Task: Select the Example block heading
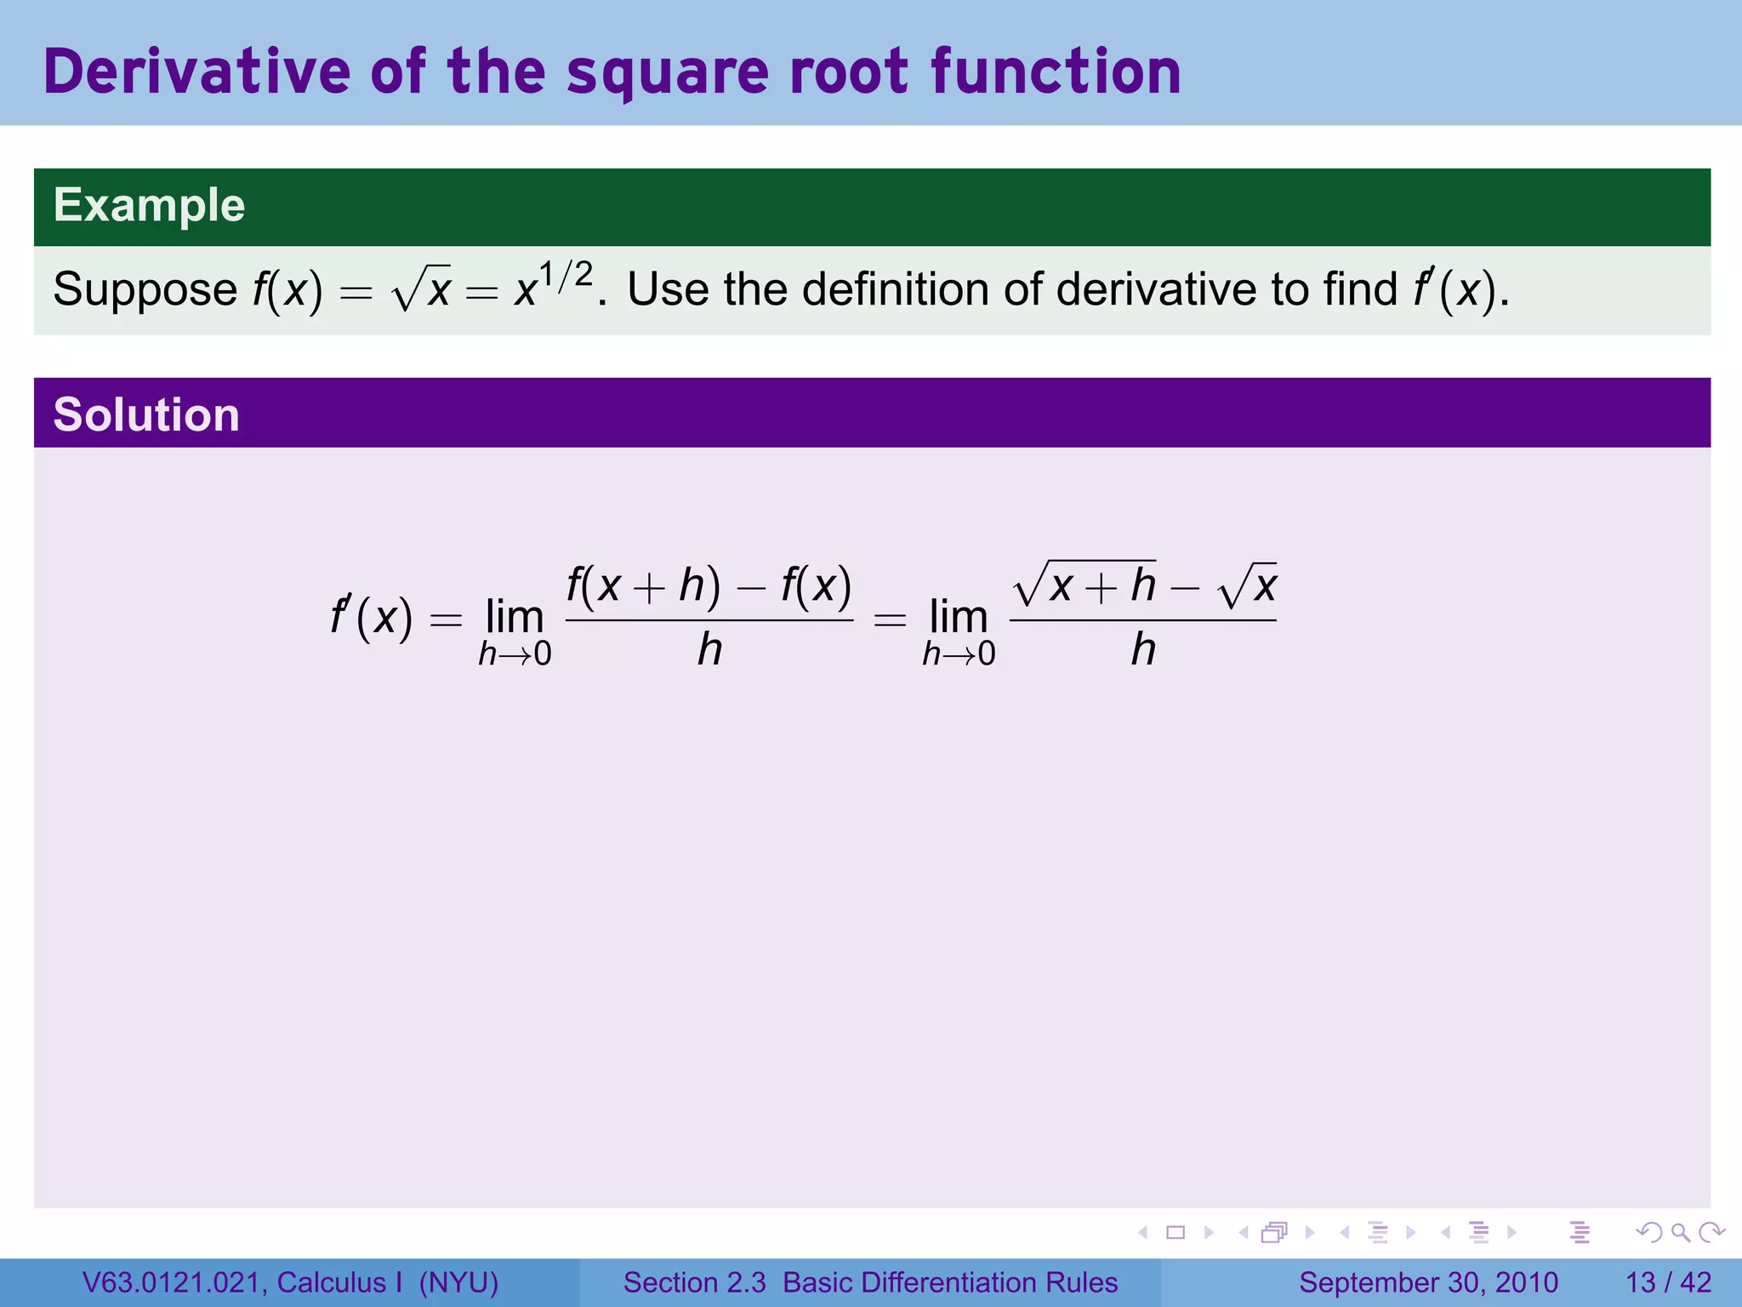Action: (x=149, y=205)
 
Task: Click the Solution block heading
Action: (x=146, y=414)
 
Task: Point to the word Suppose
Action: (x=145, y=289)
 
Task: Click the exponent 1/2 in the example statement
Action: (x=565, y=275)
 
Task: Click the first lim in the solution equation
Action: (x=515, y=616)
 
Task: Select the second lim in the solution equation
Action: (x=959, y=616)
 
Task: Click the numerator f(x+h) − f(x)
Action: (x=709, y=585)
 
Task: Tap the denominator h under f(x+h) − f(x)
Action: (x=709, y=650)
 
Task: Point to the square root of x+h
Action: (x=1085, y=585)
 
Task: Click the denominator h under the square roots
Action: (x=1143, y=650)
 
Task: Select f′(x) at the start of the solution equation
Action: (x=372, y=616)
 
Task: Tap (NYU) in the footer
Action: (x=458, y=1282)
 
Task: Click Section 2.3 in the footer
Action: (x=694, y=1282)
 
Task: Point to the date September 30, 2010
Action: (x=1428, y=1282)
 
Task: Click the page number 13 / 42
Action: (x=1668, y=1282)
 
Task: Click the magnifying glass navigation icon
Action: (x=1680, y=1232)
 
